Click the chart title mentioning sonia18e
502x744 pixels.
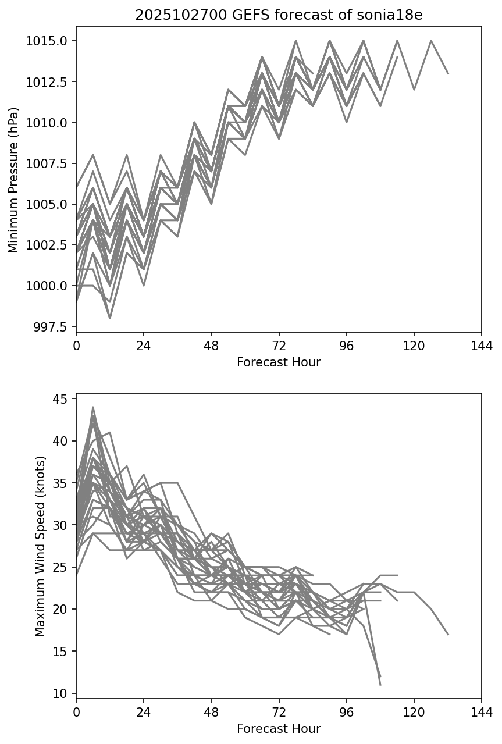279,15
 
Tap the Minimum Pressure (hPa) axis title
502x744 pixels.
14,179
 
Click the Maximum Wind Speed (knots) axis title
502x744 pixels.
40,546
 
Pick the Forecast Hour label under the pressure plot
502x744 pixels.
279,362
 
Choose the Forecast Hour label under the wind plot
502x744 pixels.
279,729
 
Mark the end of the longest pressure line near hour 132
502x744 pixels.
448,73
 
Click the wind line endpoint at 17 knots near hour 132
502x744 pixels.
448,634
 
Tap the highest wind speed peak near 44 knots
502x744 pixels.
93,407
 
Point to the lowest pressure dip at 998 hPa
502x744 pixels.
110,318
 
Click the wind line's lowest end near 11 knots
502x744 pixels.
380,685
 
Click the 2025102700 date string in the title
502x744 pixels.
169,15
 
